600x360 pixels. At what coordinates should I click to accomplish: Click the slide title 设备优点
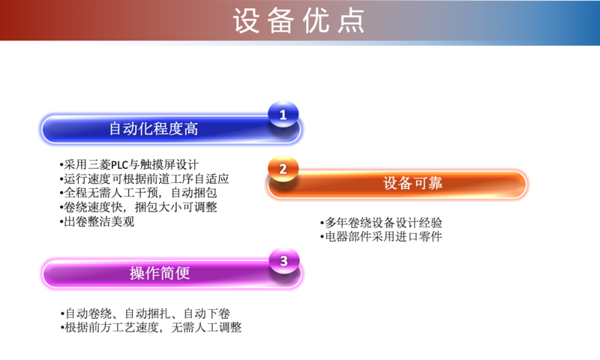point(298,21)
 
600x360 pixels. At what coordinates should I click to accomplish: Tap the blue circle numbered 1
point(283,114)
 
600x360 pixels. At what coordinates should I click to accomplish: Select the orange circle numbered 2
point(283,168)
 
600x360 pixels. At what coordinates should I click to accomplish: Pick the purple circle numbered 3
point(284,261)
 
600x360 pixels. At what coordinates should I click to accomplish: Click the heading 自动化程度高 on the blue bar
point(154,128)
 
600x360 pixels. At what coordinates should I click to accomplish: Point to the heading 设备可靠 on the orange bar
point(413,183)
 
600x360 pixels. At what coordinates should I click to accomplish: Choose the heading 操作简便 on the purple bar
point(160,273)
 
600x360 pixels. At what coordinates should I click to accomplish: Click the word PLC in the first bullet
point(119,165)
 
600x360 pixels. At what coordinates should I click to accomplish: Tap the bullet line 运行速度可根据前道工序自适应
point(144,178)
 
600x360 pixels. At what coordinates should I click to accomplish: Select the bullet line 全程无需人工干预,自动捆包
point(138,193)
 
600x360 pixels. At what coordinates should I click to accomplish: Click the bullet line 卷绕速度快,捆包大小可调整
point(138,207)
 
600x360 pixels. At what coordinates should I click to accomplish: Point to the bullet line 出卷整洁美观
point(97,221)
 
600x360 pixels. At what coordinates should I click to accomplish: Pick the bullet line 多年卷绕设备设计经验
point(381,223)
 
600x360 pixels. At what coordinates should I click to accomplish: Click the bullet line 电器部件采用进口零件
point(381,236)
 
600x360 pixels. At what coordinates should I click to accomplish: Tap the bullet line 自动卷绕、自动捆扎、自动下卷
point(145,313)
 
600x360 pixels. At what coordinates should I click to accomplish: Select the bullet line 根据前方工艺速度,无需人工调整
point(151,328)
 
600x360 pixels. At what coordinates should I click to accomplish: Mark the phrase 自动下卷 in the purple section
point(207,313)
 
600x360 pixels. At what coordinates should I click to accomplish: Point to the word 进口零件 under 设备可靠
point(419,236)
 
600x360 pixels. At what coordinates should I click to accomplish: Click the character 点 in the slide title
point(351,21)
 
